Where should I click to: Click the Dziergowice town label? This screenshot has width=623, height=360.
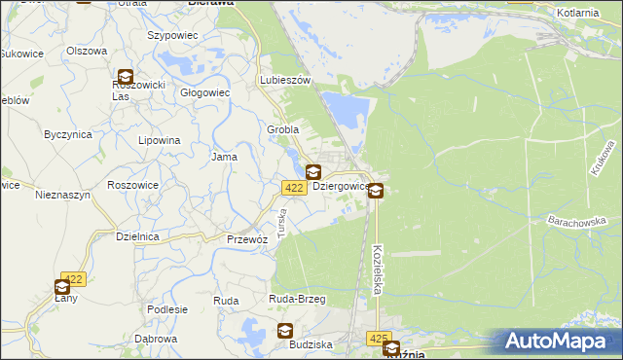pos(340,186)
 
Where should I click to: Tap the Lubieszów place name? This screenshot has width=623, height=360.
pos(285,81)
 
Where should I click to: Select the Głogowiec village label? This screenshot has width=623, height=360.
pos(204,93)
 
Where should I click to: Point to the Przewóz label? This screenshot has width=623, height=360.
pos(246,238)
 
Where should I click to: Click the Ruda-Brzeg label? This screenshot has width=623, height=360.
pos(297,300)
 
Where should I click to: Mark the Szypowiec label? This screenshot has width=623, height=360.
pos(172,35)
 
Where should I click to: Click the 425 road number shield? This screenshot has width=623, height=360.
pos(379,338)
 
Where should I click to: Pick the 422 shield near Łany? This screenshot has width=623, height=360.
pos(74,278)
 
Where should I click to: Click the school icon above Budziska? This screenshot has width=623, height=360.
pos(286,331)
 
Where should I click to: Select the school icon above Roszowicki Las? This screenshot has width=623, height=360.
pos(126,77)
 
